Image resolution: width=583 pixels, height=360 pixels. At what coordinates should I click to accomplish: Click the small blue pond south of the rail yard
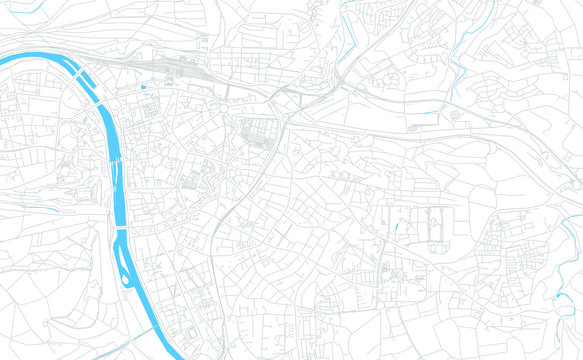[x=144, y=89]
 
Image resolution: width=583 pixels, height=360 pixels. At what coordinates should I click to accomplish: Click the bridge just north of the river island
[x=121, y=231]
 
